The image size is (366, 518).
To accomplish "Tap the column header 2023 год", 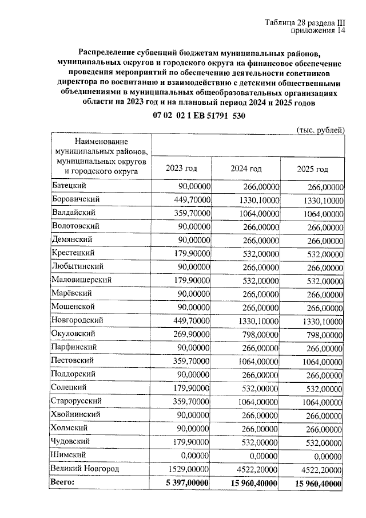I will (181, 168).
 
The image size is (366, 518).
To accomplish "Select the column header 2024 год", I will (246, 168).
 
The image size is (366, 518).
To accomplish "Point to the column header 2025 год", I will (312, 169).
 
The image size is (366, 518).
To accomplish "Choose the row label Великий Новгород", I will (85, 469).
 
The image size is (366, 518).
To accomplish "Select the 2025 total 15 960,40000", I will (319, 484).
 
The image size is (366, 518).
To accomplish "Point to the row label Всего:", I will (63, 483).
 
